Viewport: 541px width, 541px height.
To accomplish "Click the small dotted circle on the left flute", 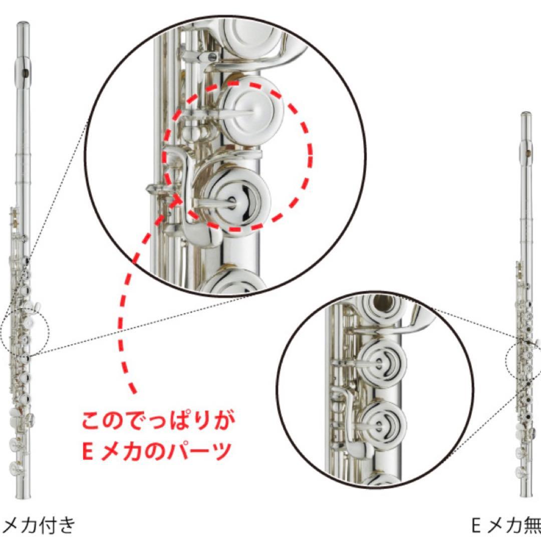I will point(25,331).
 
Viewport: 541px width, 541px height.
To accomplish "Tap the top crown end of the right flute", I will point(526,115).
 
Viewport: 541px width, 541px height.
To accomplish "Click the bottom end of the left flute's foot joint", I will point(21,496).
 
